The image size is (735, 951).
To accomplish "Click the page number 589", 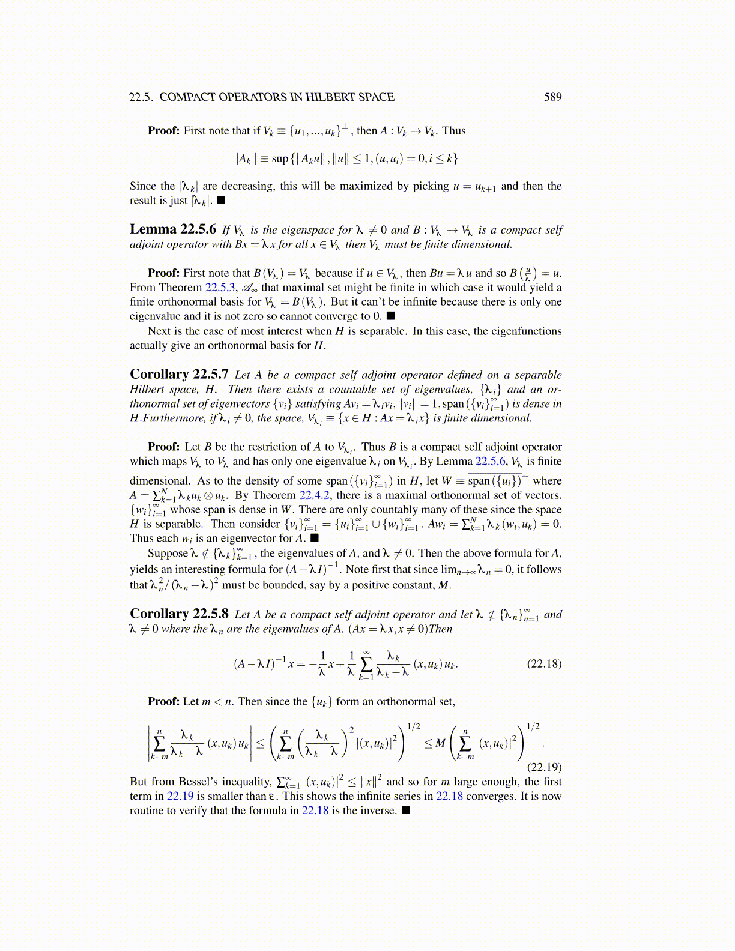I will pos(552,97).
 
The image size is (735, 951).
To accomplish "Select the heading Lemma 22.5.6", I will pos(173,229).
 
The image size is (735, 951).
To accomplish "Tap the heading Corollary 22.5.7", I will pos(179,375).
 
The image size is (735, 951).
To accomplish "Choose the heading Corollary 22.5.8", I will pos(179,614).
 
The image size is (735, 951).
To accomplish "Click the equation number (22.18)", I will pos(544,663).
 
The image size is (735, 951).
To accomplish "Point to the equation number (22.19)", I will pos(544,767).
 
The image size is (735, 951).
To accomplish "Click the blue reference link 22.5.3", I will pos(220,288).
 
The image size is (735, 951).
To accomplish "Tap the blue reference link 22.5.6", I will pos(491,462).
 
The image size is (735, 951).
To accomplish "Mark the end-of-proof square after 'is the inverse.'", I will pos(405,811).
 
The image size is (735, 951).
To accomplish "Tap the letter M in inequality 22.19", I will pos(440,743).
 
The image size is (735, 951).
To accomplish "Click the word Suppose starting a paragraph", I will pos(168,554).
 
